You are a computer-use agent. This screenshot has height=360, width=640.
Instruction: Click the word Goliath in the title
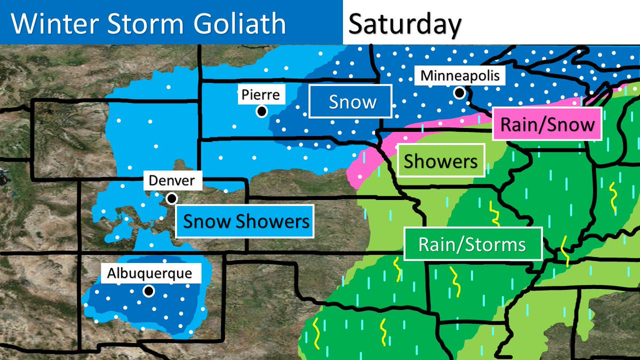(x=243, y=25)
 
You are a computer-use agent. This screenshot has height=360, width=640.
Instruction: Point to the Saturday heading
(x=404, y=25)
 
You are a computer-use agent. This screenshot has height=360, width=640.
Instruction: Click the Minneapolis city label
(x=460, y=76)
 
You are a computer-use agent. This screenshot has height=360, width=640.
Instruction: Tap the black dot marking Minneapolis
(x=459, y=93)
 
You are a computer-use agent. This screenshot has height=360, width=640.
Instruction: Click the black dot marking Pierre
(x=261, y=111)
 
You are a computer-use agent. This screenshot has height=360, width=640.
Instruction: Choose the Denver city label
(x=172, y=181)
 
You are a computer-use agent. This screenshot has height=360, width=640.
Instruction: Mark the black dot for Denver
(x=172, y=198)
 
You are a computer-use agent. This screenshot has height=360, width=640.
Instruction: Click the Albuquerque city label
(x=149, y=274)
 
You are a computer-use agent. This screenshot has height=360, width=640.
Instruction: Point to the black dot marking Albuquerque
(x=149, y=291)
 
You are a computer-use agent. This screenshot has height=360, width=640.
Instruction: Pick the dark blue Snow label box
(x=352, y=102)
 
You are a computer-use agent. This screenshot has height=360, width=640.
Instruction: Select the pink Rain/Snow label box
(x=547, y=124)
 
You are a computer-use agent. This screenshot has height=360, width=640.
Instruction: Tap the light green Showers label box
(x=441, y=161)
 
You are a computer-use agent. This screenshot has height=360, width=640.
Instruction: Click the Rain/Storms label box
(x=473, y=245)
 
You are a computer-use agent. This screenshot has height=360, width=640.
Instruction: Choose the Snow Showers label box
(x=245, y=221)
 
